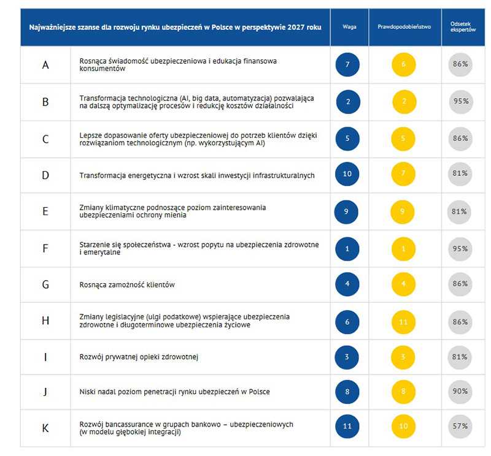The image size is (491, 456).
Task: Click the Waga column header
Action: [349, 27]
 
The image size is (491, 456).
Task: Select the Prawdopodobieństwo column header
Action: [404, 27]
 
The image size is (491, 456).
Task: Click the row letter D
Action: [45, 175]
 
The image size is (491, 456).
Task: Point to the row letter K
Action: [45, 428]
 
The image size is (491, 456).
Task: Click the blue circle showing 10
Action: [348, 174]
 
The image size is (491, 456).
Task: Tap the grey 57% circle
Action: [460, 426]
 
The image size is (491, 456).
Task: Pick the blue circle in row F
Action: [347, 249]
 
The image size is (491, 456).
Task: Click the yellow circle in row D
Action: [403, 174]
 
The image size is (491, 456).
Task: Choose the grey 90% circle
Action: [460, 391]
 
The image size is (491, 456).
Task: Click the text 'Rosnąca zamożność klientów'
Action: [128, 285]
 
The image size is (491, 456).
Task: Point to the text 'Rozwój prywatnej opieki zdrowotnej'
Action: [141, 357]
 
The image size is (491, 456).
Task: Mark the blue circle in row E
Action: [347, 211]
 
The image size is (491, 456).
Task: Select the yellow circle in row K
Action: [403, 426]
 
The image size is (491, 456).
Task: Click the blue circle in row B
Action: [348, 102]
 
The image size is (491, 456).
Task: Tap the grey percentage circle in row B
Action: [460, 101]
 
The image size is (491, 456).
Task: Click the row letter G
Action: [45, 285]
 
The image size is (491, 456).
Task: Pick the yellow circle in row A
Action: [403, 64]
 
